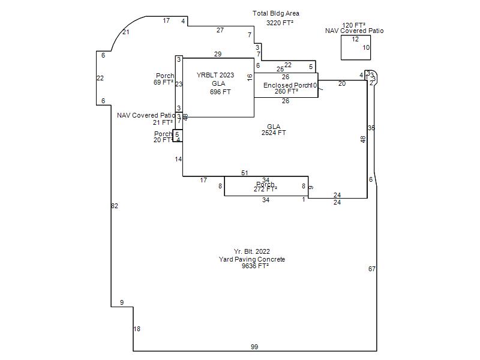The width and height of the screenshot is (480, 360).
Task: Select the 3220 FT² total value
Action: coord(280,23)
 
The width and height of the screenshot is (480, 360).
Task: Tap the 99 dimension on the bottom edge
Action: coord(254,347)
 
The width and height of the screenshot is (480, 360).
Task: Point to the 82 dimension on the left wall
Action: coord(115,206)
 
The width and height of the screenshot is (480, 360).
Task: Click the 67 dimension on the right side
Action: coord(371,269)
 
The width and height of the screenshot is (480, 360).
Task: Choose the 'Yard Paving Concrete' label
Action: coord(251,259)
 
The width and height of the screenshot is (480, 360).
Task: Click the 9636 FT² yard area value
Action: coord(255,266)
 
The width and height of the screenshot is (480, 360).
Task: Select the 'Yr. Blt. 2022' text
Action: coord(251,251)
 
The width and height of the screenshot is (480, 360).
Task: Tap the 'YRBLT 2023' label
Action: coord(215,75)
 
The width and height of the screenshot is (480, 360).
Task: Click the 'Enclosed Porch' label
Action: coord(287,85)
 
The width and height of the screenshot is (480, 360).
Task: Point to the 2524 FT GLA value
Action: coord(274,133)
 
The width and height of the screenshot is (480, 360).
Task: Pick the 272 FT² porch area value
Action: coord(265,189)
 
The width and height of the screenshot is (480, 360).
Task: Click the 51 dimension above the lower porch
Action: coord(245,173)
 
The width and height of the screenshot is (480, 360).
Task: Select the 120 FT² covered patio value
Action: coord(354,25)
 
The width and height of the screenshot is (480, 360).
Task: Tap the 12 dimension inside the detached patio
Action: coord(355,39)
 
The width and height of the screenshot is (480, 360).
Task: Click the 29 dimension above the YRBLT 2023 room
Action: coord(217,54)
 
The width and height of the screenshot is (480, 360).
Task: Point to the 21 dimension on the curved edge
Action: coord(126,32)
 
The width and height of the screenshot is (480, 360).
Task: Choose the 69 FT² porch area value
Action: coord(163,82)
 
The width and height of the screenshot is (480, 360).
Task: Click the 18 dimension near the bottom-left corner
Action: coord(137,329)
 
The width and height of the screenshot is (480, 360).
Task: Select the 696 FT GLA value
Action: coord(220,92)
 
